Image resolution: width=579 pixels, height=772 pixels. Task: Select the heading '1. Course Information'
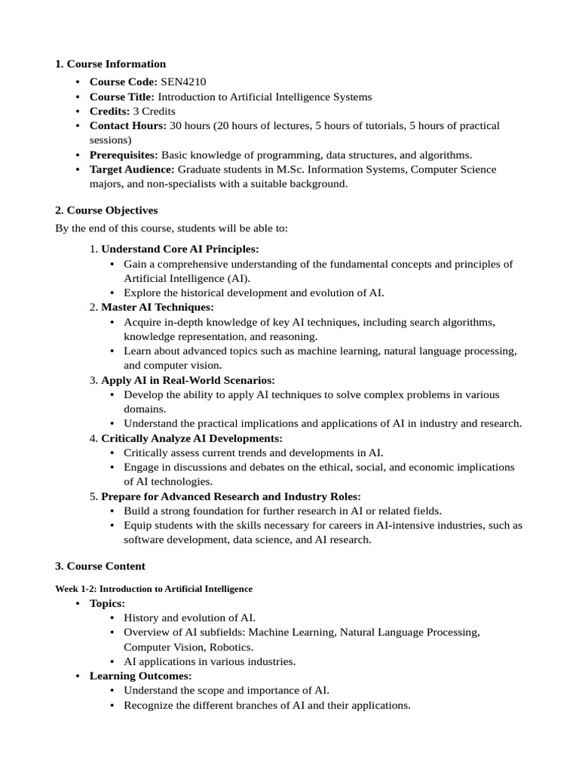[110, 63]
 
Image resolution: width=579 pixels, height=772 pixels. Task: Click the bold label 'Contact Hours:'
[128, 125]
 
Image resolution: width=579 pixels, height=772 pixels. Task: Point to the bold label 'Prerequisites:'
[124, 155]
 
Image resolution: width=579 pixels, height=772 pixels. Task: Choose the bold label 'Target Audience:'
[132, 169]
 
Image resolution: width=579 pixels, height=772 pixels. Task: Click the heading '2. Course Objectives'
[106, 210]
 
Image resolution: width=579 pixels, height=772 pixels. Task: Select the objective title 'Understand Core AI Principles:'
[180, 249]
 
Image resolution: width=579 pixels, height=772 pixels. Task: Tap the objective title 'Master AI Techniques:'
[158, 307]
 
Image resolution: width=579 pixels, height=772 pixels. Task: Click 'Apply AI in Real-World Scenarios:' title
[188, 380]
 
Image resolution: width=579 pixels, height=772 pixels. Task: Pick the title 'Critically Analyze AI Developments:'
[191, 438]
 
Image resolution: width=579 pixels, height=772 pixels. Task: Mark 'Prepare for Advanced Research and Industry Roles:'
[231, 496]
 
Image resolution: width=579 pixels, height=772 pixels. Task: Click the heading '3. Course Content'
[100, 565]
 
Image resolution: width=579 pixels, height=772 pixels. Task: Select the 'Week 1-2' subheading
[154, 588]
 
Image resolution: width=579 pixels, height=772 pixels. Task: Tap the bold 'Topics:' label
[108, 603]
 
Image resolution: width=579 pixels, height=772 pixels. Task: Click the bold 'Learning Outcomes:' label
[141, 675]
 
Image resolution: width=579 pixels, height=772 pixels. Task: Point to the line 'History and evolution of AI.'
[190, 617]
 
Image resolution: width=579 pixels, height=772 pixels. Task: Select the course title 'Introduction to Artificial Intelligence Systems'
[265, 96]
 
